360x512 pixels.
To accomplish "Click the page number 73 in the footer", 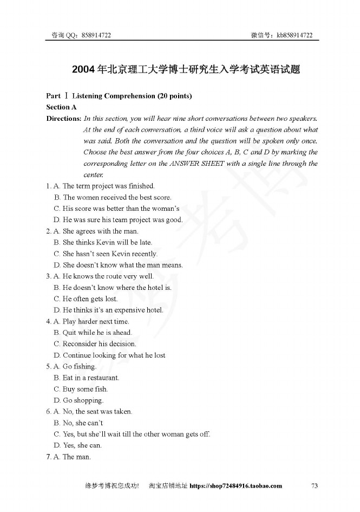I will tap(315, 485).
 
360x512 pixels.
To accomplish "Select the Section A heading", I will tap(62, 107).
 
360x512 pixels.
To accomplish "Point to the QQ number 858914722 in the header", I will tap(96, 35).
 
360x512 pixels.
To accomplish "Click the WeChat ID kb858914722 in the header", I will tap(295, 35).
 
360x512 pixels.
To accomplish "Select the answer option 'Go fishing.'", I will tap(79, 367).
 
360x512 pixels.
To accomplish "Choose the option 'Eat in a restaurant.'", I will tap(91, 378).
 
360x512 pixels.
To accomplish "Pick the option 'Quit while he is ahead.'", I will tap(97, 333).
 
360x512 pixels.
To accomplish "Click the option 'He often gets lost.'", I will tap(90, 299).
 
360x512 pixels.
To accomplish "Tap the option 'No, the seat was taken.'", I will tap(97, 412).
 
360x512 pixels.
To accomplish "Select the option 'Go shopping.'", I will tap(83, 400).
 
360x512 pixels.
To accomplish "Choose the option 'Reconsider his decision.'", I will tap(100, 344).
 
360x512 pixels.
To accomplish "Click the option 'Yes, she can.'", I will tap(82, 445).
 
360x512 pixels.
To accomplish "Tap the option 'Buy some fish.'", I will tap(85, 389).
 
